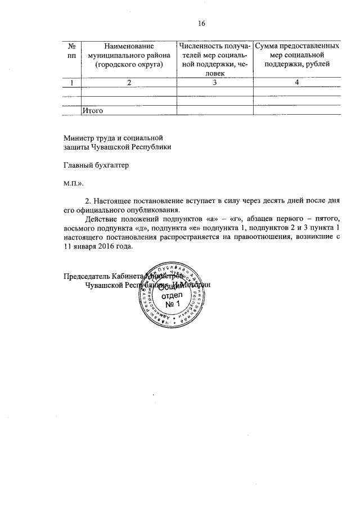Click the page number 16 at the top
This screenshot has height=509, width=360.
coord(202,23)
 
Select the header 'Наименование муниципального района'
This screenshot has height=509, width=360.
coord(129,55)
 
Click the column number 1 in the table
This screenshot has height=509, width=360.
coord(71,83)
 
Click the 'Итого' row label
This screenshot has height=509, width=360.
coord(92,111)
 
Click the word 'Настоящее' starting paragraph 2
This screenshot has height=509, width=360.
coord(112,201)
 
